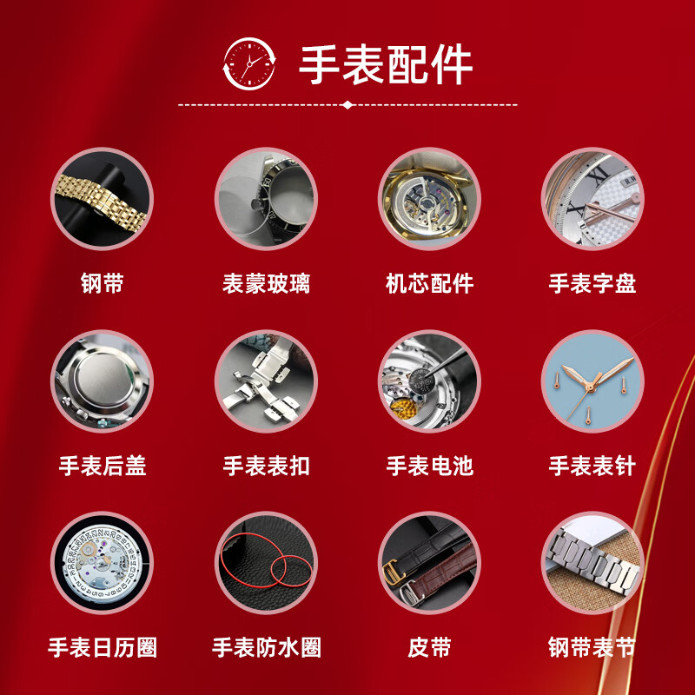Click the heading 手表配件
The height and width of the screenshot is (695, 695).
(x=387, y=63)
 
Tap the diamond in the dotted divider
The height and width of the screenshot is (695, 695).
(x=347, y=104)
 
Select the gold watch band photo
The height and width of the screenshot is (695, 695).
(x=102, y=199)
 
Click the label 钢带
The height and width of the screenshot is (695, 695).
(x=102, y=284)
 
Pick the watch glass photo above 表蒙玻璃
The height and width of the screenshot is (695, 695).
(x=266, y=199)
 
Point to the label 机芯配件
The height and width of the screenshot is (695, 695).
(x=429, y=284)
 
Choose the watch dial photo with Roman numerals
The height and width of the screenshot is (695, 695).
(x=592, y=199)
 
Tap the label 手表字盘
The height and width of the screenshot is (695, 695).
(x=592, y=284)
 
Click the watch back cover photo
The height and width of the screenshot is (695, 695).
(x=102, y=381)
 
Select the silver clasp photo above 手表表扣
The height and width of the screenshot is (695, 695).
(x=266, y=381)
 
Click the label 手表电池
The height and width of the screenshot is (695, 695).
(x=429, y=466)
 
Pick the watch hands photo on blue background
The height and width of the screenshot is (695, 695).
(x=592, y=381)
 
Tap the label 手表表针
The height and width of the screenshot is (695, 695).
(x=592, y=466)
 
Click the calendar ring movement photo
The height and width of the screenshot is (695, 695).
(x=102, y=563)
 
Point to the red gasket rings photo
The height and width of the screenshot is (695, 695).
(x=266, y=563)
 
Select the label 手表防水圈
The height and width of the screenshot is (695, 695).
(x=266, y=647)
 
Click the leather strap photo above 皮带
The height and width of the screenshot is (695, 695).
(x=429, y=563)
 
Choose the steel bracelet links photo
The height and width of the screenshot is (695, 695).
(x=592, y=563)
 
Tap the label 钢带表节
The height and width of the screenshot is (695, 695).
(x=592, y=647)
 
